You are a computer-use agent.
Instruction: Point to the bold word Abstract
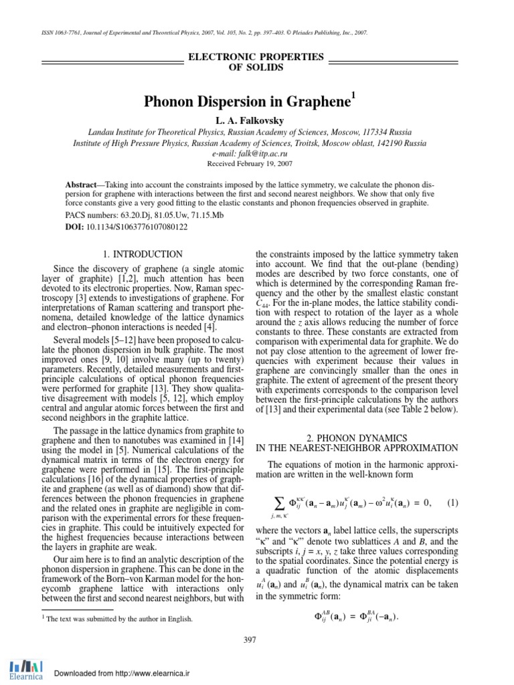[81, 183]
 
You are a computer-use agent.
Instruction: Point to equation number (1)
[453, 503]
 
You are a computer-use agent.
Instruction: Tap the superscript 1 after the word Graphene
[353, 96]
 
